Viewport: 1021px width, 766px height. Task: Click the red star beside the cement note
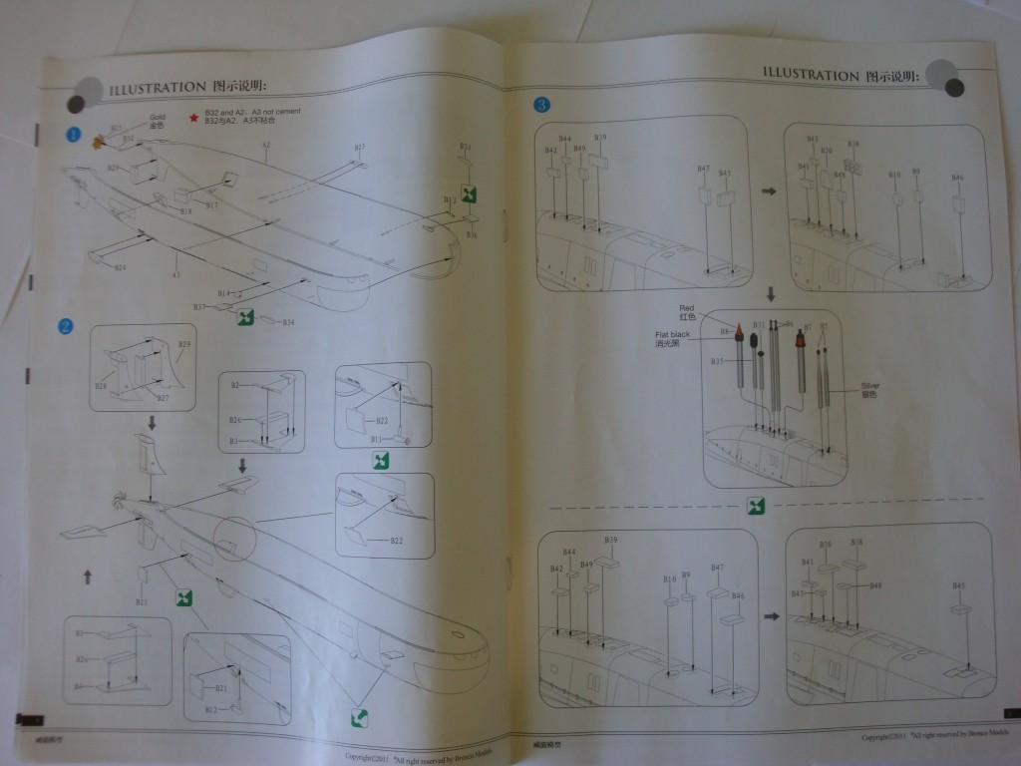click(x=192, y=118)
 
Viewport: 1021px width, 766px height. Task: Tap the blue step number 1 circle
click(x=74, y=134)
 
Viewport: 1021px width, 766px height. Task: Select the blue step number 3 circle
click(x=541, y=104)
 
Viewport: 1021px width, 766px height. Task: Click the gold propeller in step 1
click(x=99, y=142)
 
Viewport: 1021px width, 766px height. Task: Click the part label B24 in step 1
click(x=120, y=267)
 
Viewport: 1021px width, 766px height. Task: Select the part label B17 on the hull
click(x=211, y=204)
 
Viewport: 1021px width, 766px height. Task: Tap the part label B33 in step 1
click(x=465, y=147)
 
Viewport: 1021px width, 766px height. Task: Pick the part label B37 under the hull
click(x=199, y=307)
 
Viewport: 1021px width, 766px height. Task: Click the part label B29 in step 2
click(x=183, y=344)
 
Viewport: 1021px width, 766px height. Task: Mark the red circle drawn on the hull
click(x=234, y=540)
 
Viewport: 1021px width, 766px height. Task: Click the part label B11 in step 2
click(x=376, y=439)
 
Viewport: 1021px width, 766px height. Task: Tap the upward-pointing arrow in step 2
click(x=88, y=576)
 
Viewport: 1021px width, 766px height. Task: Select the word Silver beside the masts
click(x=869, y=385)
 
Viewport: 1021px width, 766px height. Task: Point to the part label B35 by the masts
click(x=717, y=360)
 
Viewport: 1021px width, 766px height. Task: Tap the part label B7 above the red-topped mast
click(x=808, y=326)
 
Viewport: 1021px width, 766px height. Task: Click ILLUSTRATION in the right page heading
click(x=811, y=74)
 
